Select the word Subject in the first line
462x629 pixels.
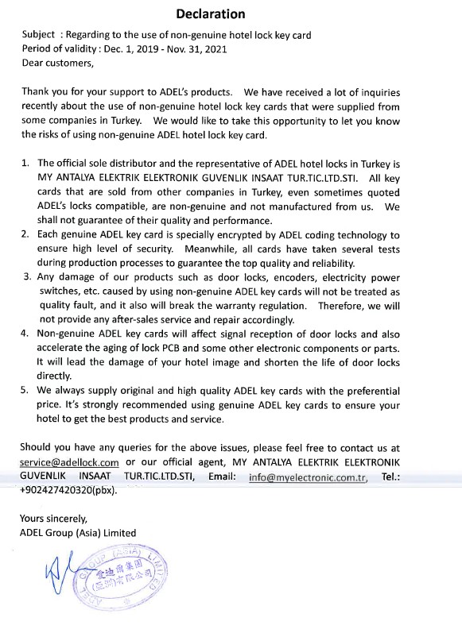(38, 34)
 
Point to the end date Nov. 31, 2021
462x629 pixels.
(196, 48)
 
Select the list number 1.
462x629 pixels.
(25, 162)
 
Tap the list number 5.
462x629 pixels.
(25, 391)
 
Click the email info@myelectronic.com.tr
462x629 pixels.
(307, 477)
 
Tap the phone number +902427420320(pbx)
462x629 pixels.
(68, 490)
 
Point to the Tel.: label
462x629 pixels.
(390, 477)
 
